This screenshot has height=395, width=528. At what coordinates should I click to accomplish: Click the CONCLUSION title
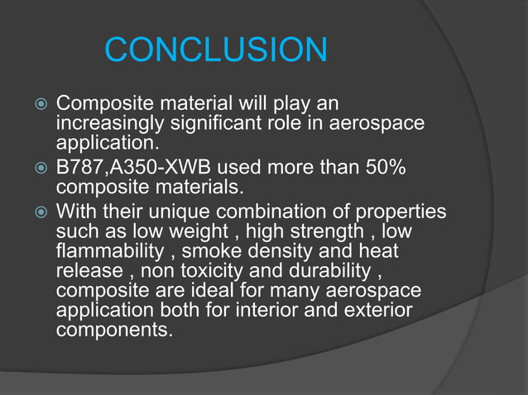point(216,51)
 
